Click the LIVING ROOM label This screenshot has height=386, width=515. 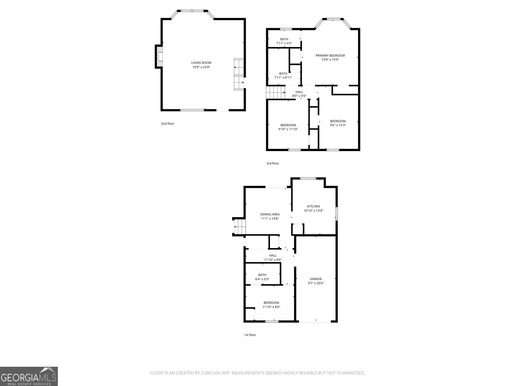click(201, 63)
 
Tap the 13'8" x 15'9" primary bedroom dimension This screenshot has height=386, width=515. click(330, 60)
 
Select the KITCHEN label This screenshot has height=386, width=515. click(313, 206)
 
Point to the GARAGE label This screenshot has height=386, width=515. click(316, 279)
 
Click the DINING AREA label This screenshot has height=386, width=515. click(270, 214)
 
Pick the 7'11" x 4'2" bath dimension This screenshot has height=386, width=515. click(284, 43)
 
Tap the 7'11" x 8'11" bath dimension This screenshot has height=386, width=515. click(283, 78)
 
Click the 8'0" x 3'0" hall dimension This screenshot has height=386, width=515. click(299, 96)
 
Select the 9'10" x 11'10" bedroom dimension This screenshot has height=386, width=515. click(288, 129)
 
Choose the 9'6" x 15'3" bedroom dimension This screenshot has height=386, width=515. click(338, 125)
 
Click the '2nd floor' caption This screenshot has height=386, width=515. click(167, 124)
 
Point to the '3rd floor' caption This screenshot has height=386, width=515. click(272, 163)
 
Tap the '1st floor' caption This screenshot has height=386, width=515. click(250, 335)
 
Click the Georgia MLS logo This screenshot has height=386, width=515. click(29, 376)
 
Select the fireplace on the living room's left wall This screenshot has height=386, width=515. click(159, 57)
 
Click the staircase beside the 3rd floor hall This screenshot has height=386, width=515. click(276, 92)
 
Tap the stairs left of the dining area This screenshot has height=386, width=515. click(239, 227)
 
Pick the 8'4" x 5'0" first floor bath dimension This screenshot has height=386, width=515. click(262, 279)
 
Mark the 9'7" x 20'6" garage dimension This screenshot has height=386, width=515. click(316, 283)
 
